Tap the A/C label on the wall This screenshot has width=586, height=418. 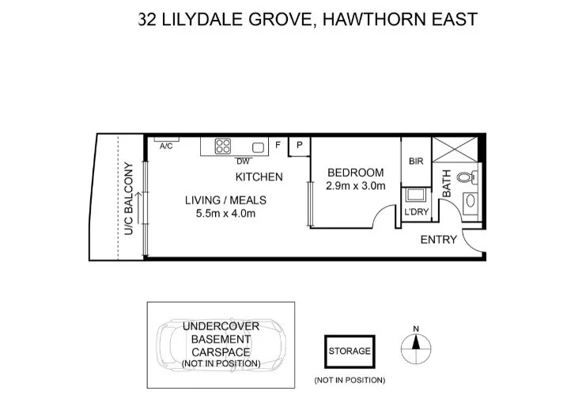pyautogui.click(x=166, y=146)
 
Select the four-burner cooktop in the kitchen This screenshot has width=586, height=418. pyautogui.click(x=223, y=146)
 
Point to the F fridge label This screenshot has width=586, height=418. pyautogui.click(x=278, y=146)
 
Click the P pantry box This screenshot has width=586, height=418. pyautogui.click(x=300, y=146)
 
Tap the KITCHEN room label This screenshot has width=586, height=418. pyautogui.click(x=259, y=177)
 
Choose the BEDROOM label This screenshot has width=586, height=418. pyautogui.click(x=355, y=173)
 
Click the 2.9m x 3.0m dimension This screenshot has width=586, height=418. pyautogui.click(x=355, y=187)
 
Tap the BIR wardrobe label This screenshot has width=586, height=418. pyautogui.click(x=416, y=161)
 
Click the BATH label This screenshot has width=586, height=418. pyautogui.click(x=446, y=183)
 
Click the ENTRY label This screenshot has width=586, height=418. pyautogui.click(x=437, y=239)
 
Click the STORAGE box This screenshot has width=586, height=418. pyautogui.click(x=349, y=351)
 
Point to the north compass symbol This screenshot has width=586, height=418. pyautogui.click(x=416, y=343)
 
